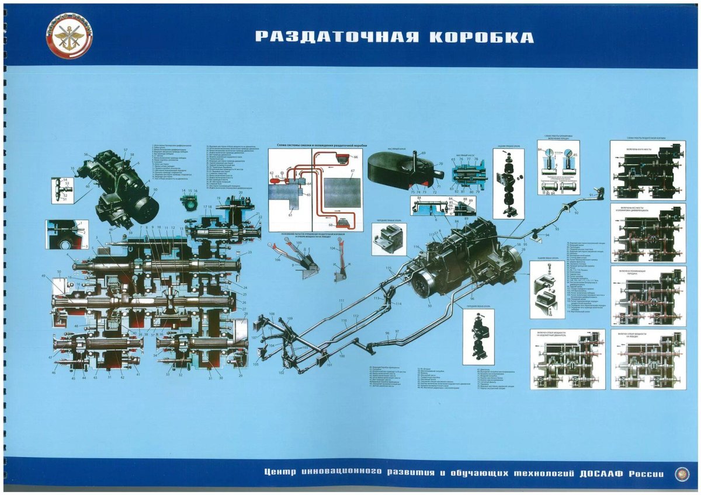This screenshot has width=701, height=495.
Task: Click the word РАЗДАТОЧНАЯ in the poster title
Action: coord(338,37)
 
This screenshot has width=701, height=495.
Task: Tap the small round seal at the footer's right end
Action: coord(681,474)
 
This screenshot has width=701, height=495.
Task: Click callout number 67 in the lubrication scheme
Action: coord(352,170)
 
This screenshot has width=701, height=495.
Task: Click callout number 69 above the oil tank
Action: coord(424,153)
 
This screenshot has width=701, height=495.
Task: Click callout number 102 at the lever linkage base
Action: coord(282,372)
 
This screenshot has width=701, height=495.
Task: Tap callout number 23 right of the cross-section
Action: coord(249,252)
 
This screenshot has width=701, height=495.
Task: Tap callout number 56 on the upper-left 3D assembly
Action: coord(86,155)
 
